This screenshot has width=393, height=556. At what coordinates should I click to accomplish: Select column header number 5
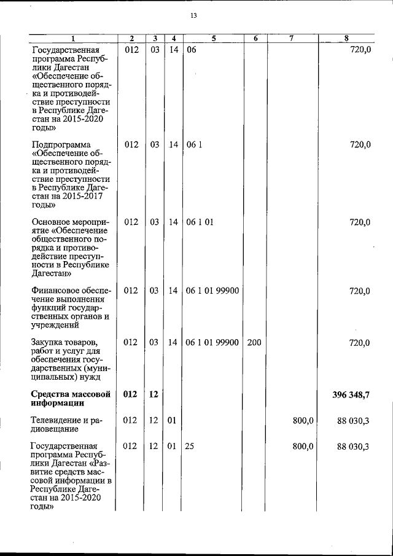[212, 39]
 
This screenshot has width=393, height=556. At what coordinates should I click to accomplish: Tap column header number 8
[347, 39]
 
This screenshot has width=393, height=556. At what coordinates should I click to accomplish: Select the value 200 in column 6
[254, 342]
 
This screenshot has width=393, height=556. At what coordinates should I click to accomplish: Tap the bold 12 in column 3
[154, 394]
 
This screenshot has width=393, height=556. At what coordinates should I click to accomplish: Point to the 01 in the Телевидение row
[171, 421]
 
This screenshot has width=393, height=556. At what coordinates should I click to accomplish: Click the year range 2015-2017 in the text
[82, 195]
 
